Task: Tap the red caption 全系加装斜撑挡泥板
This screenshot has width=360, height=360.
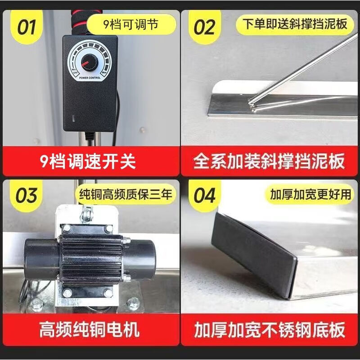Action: (x=269, y=161)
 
